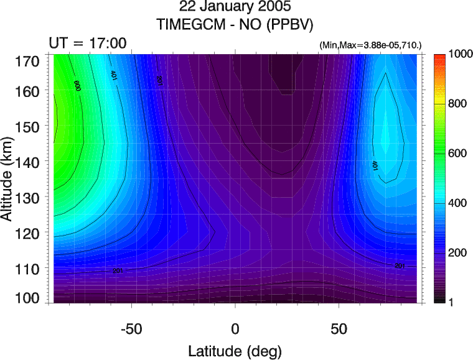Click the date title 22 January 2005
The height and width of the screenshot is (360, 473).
click(x=235, y=7)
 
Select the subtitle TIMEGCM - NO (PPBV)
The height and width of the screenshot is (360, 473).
click(x=235, y=25)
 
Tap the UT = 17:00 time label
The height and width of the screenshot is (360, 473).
click(x=88, y=44)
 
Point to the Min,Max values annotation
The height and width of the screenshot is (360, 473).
click(x=370, y=45)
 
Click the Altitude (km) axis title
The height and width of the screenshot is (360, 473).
click(x=9, y=180)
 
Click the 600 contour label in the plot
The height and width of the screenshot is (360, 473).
click(x=77, y=85)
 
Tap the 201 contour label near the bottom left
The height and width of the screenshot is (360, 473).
click(x=118, y=271)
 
